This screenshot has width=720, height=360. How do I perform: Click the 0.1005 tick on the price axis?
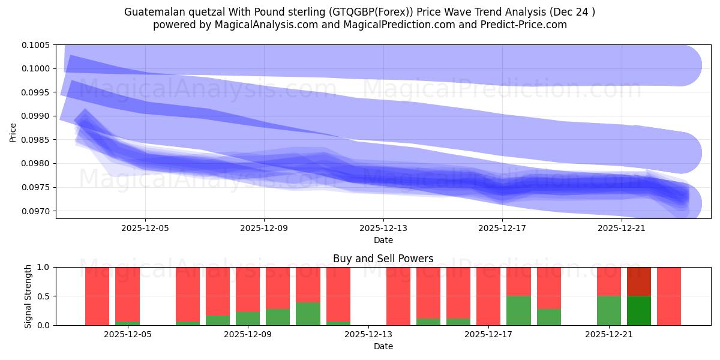point(37,45)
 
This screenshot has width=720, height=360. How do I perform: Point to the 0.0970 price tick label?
point(37,211)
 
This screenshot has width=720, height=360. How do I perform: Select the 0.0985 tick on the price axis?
point(37,140)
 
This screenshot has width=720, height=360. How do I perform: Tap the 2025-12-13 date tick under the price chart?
point(383,228)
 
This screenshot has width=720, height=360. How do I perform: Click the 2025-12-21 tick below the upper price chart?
point(622,228)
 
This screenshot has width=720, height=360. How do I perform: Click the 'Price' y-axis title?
point(13,132)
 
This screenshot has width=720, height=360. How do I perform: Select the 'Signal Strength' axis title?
point(28,296)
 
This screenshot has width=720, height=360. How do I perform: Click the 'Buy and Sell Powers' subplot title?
point(383,259)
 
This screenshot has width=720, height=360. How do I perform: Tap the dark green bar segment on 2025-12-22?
point(639,310)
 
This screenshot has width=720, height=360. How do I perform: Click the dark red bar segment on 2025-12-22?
point(639,281)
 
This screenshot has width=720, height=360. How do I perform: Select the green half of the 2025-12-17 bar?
point(518,310)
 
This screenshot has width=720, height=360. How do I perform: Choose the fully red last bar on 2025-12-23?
point(669,296)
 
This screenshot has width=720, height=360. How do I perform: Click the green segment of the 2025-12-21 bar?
point(609,310)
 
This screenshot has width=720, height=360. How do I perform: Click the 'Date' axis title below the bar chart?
point(383,346)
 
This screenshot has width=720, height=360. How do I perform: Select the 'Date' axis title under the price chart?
point(383,240)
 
